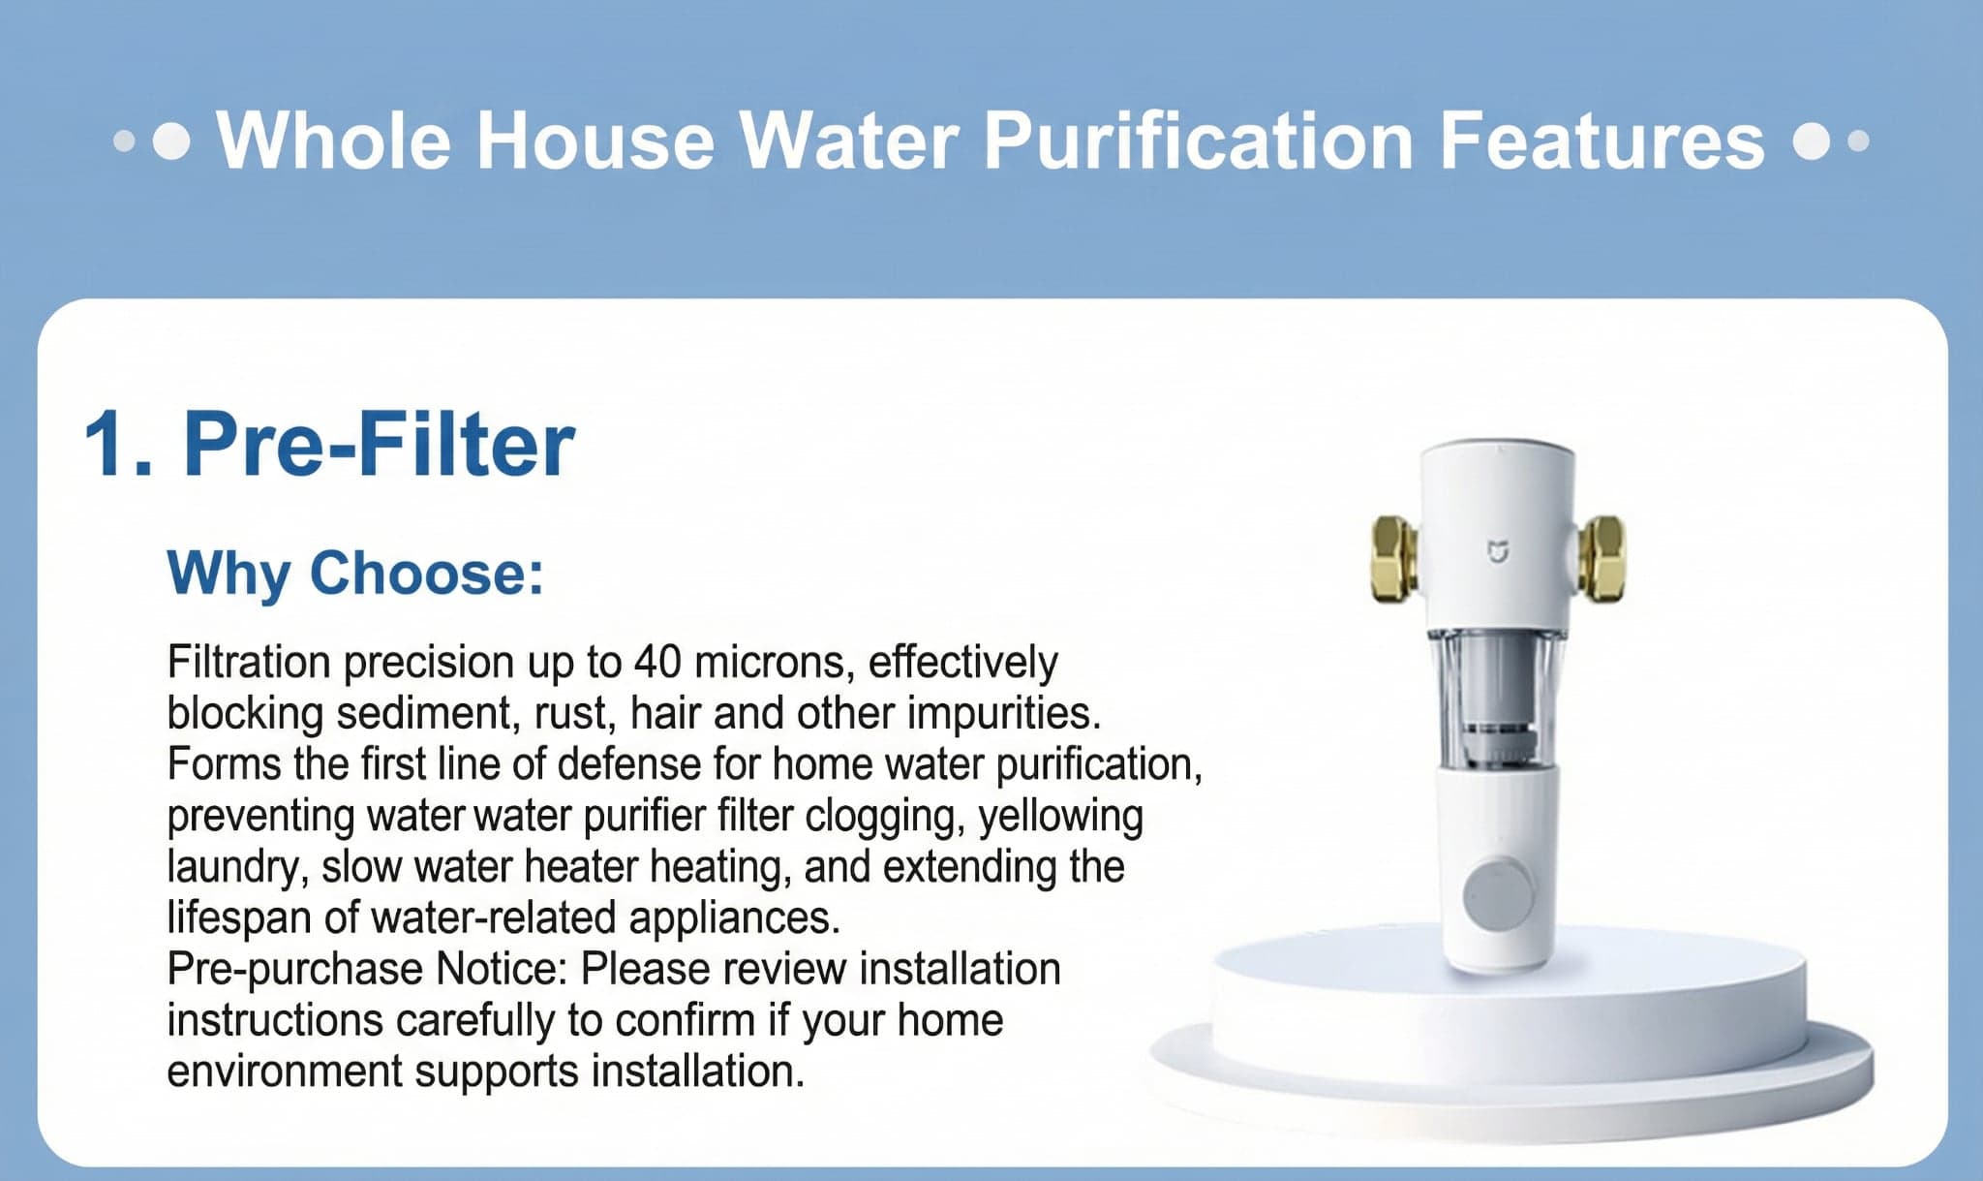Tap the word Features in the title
pos(1602,141)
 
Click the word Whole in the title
pos(334,141)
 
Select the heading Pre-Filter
pos(380,445)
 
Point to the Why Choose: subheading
pos(355,573)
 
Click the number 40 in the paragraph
pos(657,663)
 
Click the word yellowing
pos(1060,816)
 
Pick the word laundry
pos(236,867)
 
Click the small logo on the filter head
pos(1498,553)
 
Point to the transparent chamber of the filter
pos(1497,698)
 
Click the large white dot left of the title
pos(172,141)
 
